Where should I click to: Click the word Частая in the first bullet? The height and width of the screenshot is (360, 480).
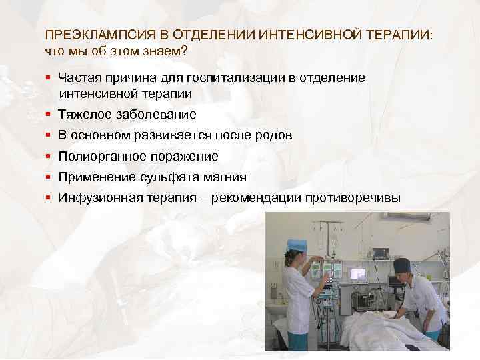point(79,78)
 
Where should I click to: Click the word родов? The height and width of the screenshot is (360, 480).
point(273,135)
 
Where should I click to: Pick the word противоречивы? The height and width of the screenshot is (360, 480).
point(353,198)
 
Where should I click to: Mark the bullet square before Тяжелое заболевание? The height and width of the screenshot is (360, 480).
point(49,115)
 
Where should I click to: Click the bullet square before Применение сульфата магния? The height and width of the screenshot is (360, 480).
point(49,178)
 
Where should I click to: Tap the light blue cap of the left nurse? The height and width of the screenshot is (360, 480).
point(295,245)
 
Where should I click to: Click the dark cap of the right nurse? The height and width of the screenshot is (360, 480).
point(403,265)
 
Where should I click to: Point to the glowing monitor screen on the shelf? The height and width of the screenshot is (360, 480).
point(358,273)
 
